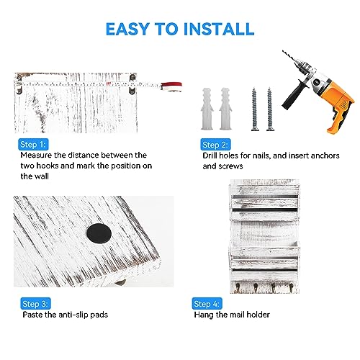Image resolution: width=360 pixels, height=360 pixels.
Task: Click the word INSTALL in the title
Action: [218, 29]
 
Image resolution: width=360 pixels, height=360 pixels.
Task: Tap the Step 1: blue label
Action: [33, 145]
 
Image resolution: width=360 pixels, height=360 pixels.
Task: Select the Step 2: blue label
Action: [215, 145]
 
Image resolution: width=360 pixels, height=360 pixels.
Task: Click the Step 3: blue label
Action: [35, 304]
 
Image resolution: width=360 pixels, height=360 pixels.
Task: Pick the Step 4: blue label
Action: [207, 304]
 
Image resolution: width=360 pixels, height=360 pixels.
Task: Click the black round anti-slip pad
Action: [99, 233]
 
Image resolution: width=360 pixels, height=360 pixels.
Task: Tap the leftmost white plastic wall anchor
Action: [207, 109]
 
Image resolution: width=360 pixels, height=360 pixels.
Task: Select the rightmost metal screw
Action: [270, 109]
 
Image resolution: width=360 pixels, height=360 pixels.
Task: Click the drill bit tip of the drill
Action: [283, 50]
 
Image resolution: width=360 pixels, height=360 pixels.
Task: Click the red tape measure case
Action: [171, 86]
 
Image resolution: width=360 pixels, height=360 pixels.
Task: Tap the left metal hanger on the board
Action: [19, 84]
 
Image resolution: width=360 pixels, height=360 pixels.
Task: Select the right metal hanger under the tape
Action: [132, 84]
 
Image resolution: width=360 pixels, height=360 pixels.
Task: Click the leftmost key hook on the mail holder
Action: [238, 287]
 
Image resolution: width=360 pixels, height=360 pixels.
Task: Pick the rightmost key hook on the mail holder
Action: [291, 287]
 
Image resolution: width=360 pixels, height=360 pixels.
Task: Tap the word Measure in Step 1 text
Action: [36, 155]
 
